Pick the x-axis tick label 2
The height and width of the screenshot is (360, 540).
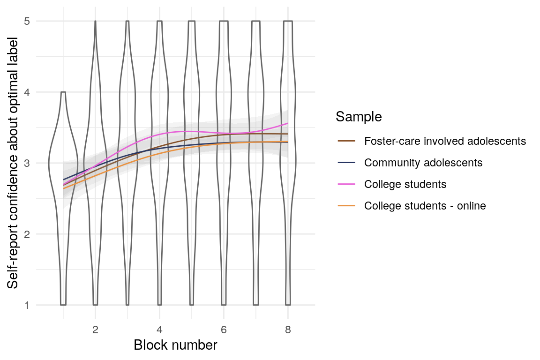(95, 330)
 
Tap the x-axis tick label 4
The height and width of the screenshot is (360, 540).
(159, 330)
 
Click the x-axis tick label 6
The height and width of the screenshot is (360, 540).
(224, 330)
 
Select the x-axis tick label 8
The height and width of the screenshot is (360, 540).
(288, 330)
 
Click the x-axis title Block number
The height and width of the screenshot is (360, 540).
(175, 345)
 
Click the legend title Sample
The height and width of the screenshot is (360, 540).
(359, 117)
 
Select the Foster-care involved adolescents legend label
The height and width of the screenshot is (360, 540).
(445, 141)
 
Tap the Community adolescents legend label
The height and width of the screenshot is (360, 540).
(423, 163)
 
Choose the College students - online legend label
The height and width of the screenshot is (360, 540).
(425, 205)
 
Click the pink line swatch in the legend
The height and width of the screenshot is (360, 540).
(346, 184)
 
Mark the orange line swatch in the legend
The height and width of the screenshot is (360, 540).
(346, 205)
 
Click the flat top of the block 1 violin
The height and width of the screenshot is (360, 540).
(63, 92)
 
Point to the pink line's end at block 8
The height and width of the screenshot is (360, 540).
(287, 123)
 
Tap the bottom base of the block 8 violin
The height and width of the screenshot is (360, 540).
(288, 305)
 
